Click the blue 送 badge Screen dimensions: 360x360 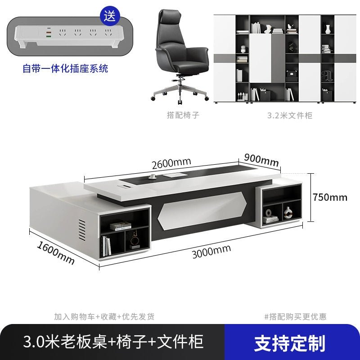click(110, 16)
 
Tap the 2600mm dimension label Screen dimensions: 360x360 click(171, 163)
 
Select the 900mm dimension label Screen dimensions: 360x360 click(261, 160)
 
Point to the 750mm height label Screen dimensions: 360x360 click(330, 197)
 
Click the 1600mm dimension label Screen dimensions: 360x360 click(55, 253)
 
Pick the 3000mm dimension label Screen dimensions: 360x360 click(211, 252)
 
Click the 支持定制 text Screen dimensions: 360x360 click(289, 343)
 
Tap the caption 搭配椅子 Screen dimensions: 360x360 click(183, 115)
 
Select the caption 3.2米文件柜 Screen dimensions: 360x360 click(290, 115)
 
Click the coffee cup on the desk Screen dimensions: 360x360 click(152, 176)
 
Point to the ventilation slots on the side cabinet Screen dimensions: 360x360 click(82, 230)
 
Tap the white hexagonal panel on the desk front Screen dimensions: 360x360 click(202, 210)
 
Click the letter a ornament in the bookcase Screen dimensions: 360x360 click(327, 76)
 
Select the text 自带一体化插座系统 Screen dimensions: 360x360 click(65, 69)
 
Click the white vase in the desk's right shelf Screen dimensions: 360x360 click(287, 212)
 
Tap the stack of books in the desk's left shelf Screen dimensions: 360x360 click(121, 226)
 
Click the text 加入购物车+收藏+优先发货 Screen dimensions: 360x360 click(104, 317)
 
